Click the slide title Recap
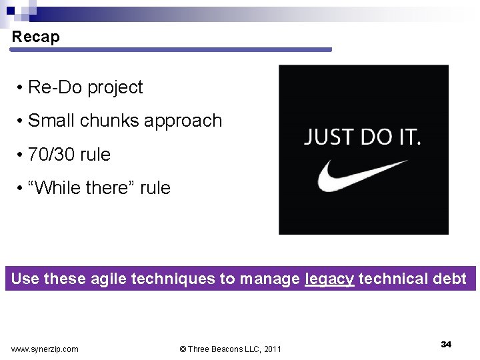(x=35, y=37)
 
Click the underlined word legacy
(x=329, y=279)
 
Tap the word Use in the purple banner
(x=25, y=279)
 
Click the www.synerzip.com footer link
(x=45, y=349)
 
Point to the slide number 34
(x=446, y=344)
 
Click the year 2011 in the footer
(x=272, y=349)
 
